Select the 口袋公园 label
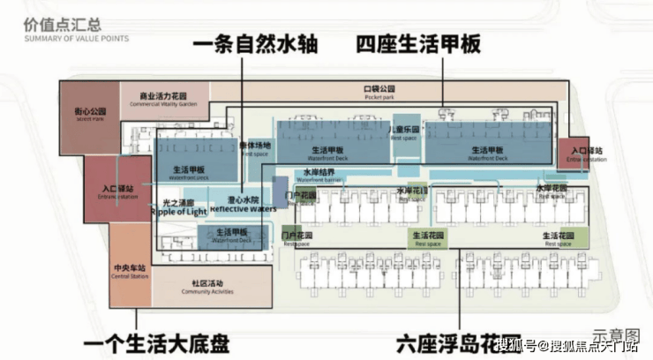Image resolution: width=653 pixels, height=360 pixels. tap(379, 90)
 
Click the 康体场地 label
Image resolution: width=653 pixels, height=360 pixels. tap(255, 146)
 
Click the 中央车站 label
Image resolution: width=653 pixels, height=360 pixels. tap(130, 267)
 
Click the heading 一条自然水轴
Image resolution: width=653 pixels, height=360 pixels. tap(254, 43)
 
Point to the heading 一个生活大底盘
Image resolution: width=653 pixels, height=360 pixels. tap(169, 339)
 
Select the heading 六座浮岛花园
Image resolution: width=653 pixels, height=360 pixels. tap(441, 339)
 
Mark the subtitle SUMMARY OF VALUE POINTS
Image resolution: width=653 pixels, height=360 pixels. tap(76, 39)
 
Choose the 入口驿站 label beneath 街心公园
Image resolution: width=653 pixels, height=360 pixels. tap(118, 188)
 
